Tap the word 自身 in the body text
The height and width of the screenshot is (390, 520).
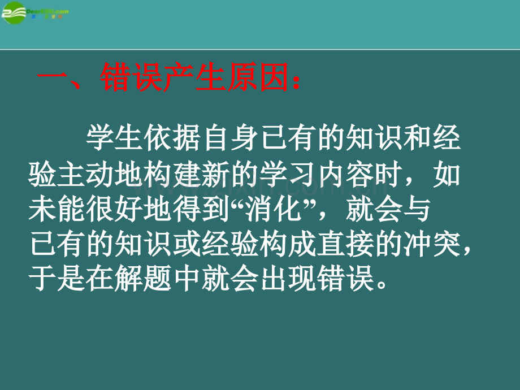(x=233, y=138)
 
